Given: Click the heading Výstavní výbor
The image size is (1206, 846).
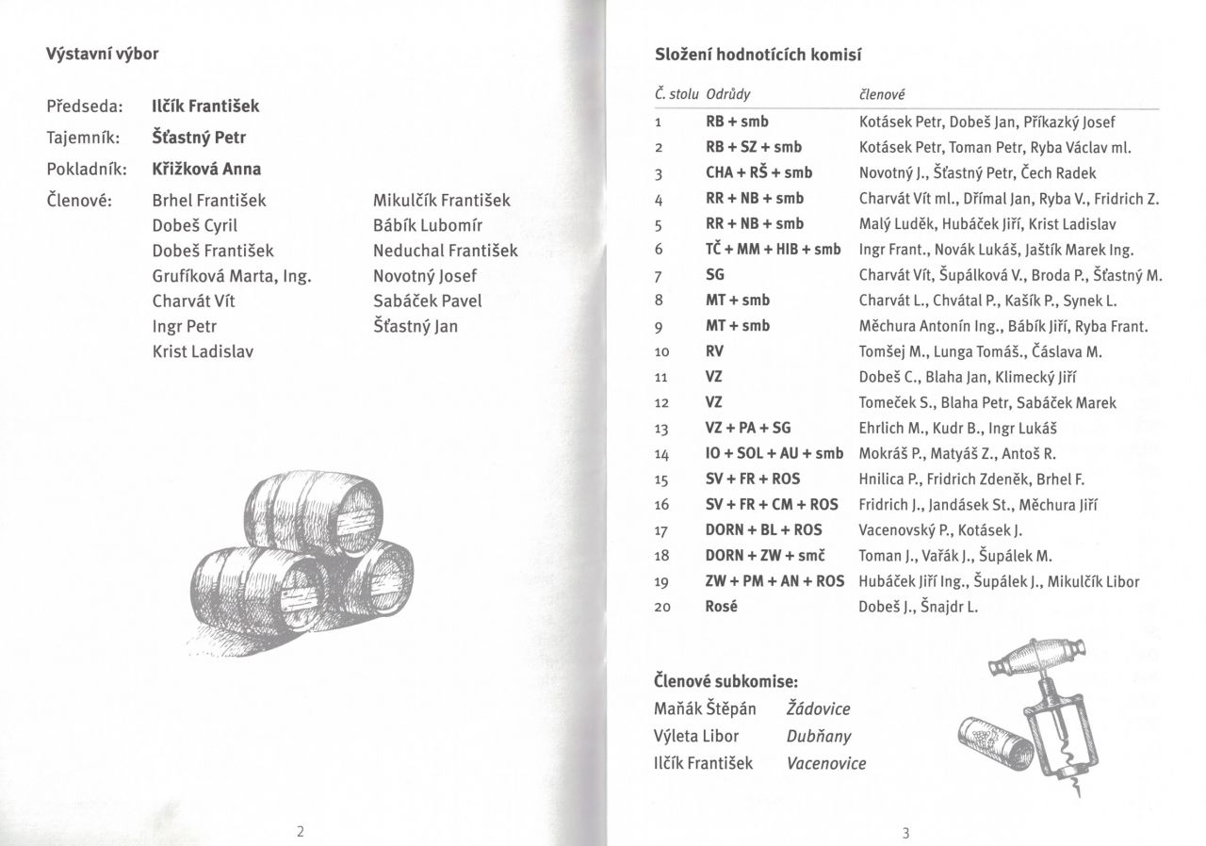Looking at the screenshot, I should pyautogui.click(x=103, y=54).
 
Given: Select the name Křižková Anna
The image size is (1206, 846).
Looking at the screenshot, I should pyautogui.click(x=206, y=170).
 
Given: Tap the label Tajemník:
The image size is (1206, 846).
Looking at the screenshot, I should pyautogui.click(x=83, y=138).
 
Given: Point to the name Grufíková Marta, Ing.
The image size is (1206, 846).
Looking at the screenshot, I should pyautogui.click(x=232, y=276).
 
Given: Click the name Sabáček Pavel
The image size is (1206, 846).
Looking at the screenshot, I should pyautogui.click(x=427, y=301).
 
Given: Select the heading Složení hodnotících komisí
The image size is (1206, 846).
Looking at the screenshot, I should pyautogui.click(x=758, y=56).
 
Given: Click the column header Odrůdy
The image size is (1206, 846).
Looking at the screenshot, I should pyautogui.click(x=728, y=95).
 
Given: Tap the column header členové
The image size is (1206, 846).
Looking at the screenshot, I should pyautogui.click(x=882, y=95).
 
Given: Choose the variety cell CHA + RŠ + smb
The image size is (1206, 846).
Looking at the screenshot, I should pyautogui.click(x=758, y=172).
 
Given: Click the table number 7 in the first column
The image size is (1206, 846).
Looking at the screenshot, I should pyautogui.click(x=660, y=275).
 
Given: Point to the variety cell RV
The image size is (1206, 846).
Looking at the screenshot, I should pyautogui.click(x=714, y=351).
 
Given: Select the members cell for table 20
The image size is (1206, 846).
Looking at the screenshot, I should pyautogui.click(x=919, y=608).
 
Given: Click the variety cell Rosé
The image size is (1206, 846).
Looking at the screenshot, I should pyautogui.click(x=721, y=608).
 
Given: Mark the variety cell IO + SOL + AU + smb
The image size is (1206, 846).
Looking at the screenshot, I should pyautogui.click(x=774, y=454).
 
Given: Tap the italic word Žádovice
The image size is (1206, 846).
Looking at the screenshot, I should pyautogui.click(x=818, y=709).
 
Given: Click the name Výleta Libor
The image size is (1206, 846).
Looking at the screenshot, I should pyautogui.click(x=695, y=736).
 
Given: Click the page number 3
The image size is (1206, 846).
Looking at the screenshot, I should pyautogui.click(x=905, y=833).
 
